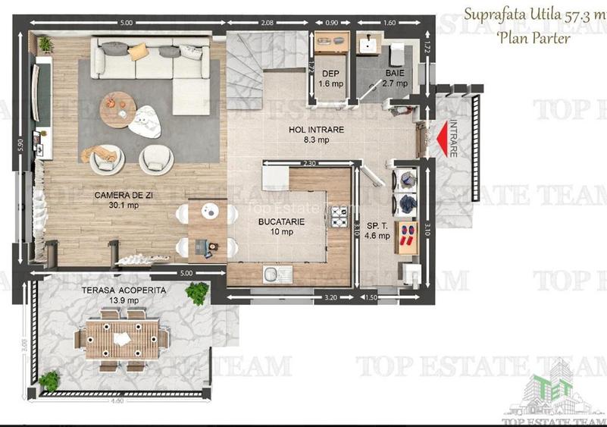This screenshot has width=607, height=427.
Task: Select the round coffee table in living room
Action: (118, 102)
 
